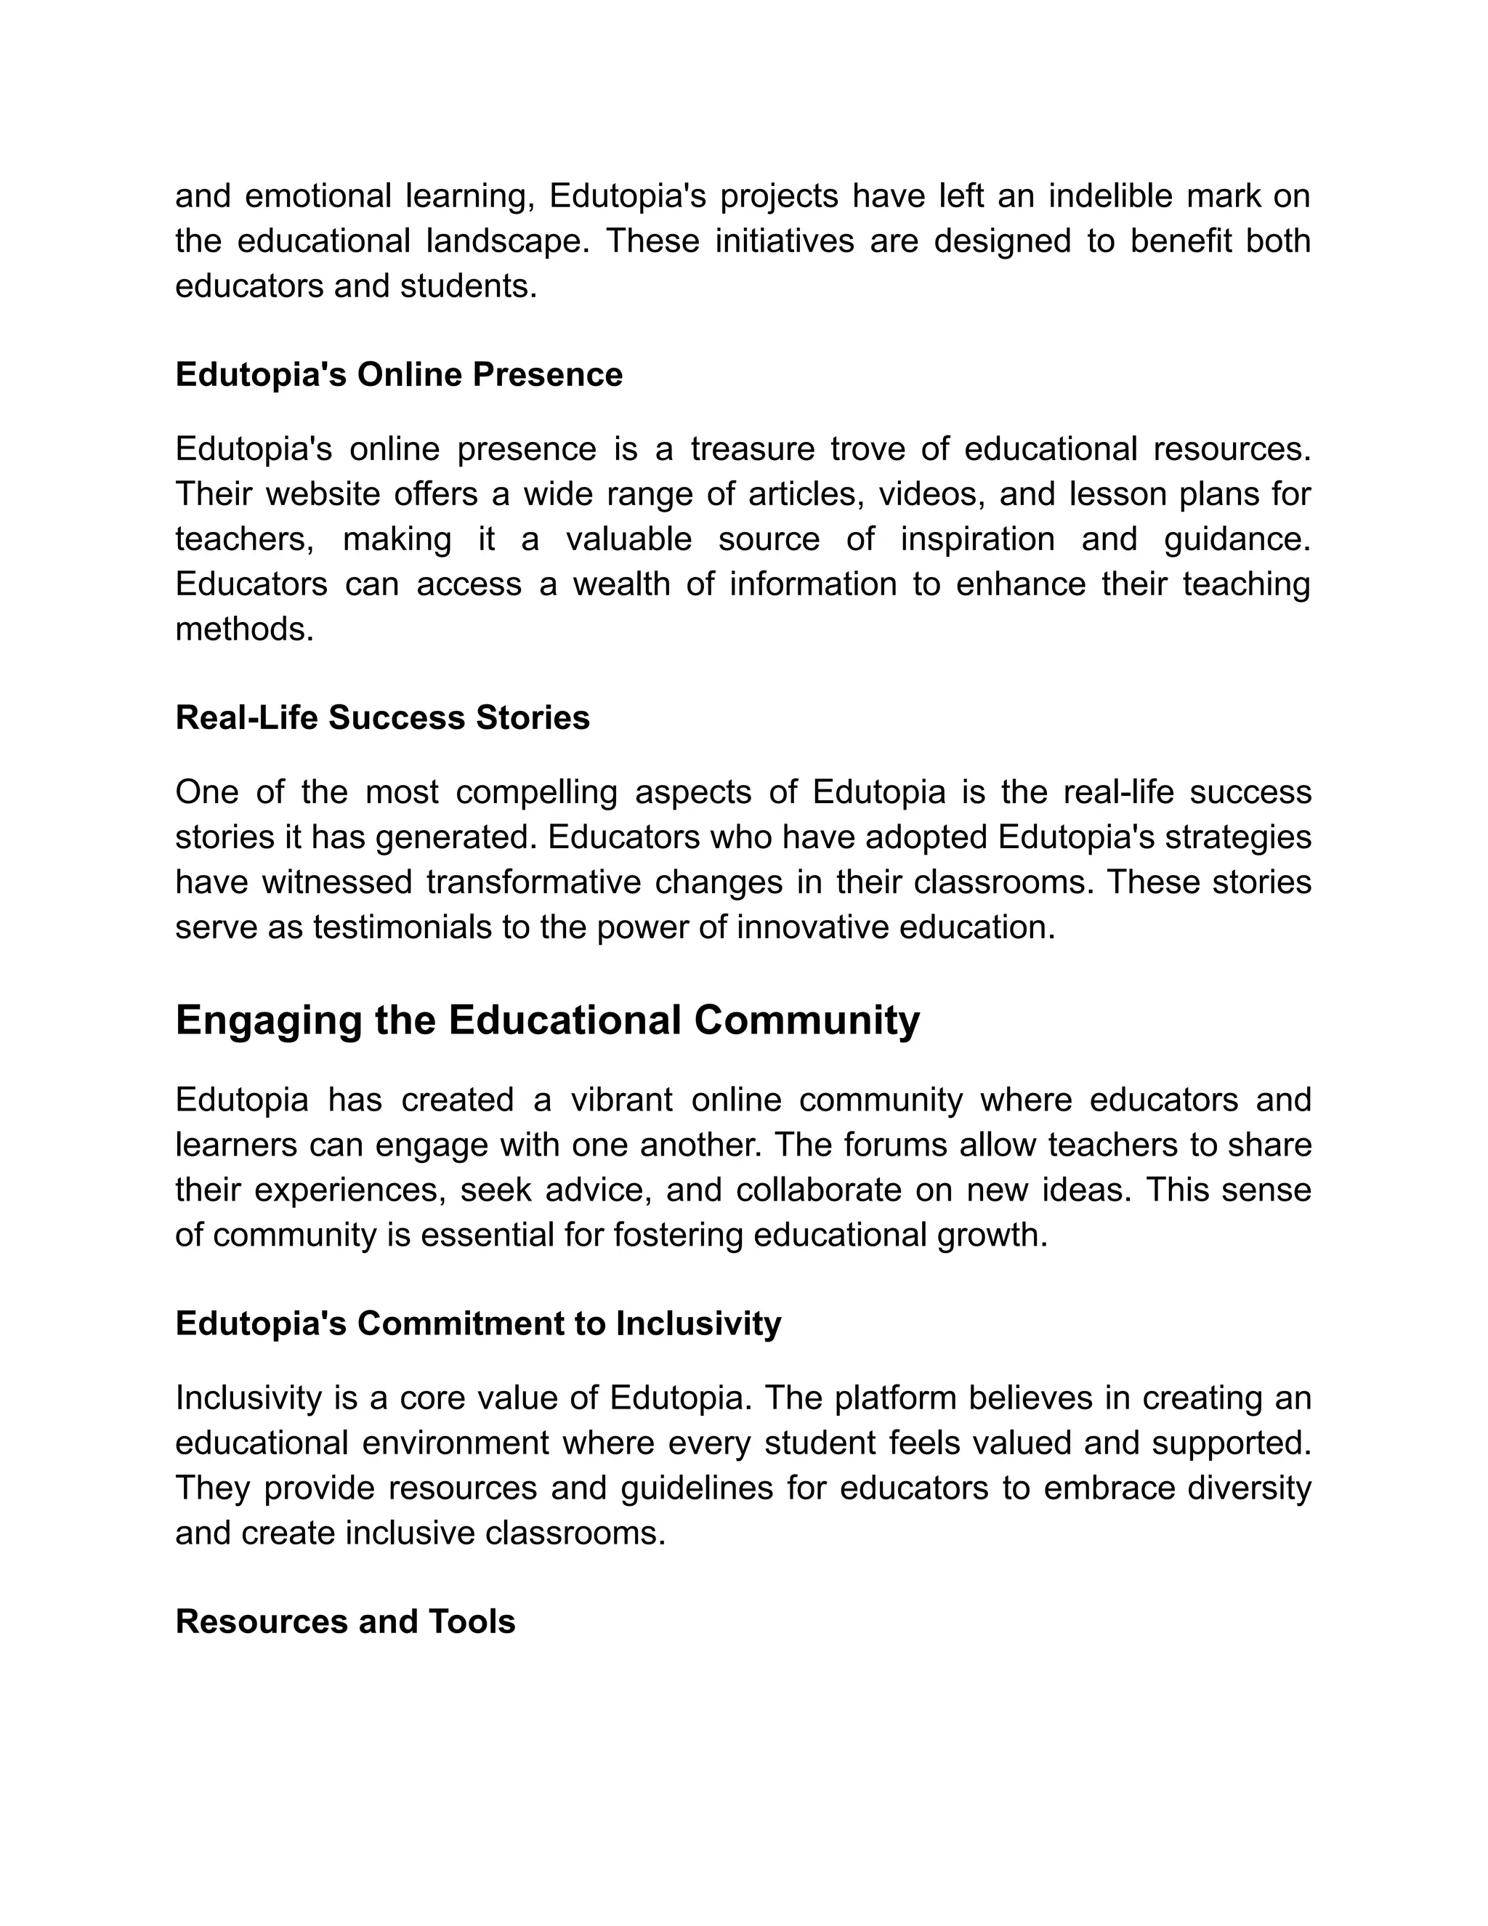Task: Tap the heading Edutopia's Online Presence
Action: [x=398, y=375]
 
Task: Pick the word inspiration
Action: [x=976, y=539]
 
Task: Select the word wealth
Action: [x=621, y=584]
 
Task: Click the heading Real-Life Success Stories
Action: [x=383, y=718]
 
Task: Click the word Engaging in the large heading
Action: [x=268, y=1020]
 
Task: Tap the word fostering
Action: [x=679, y=1235]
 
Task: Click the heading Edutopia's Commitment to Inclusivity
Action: [x=478, y=1323]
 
